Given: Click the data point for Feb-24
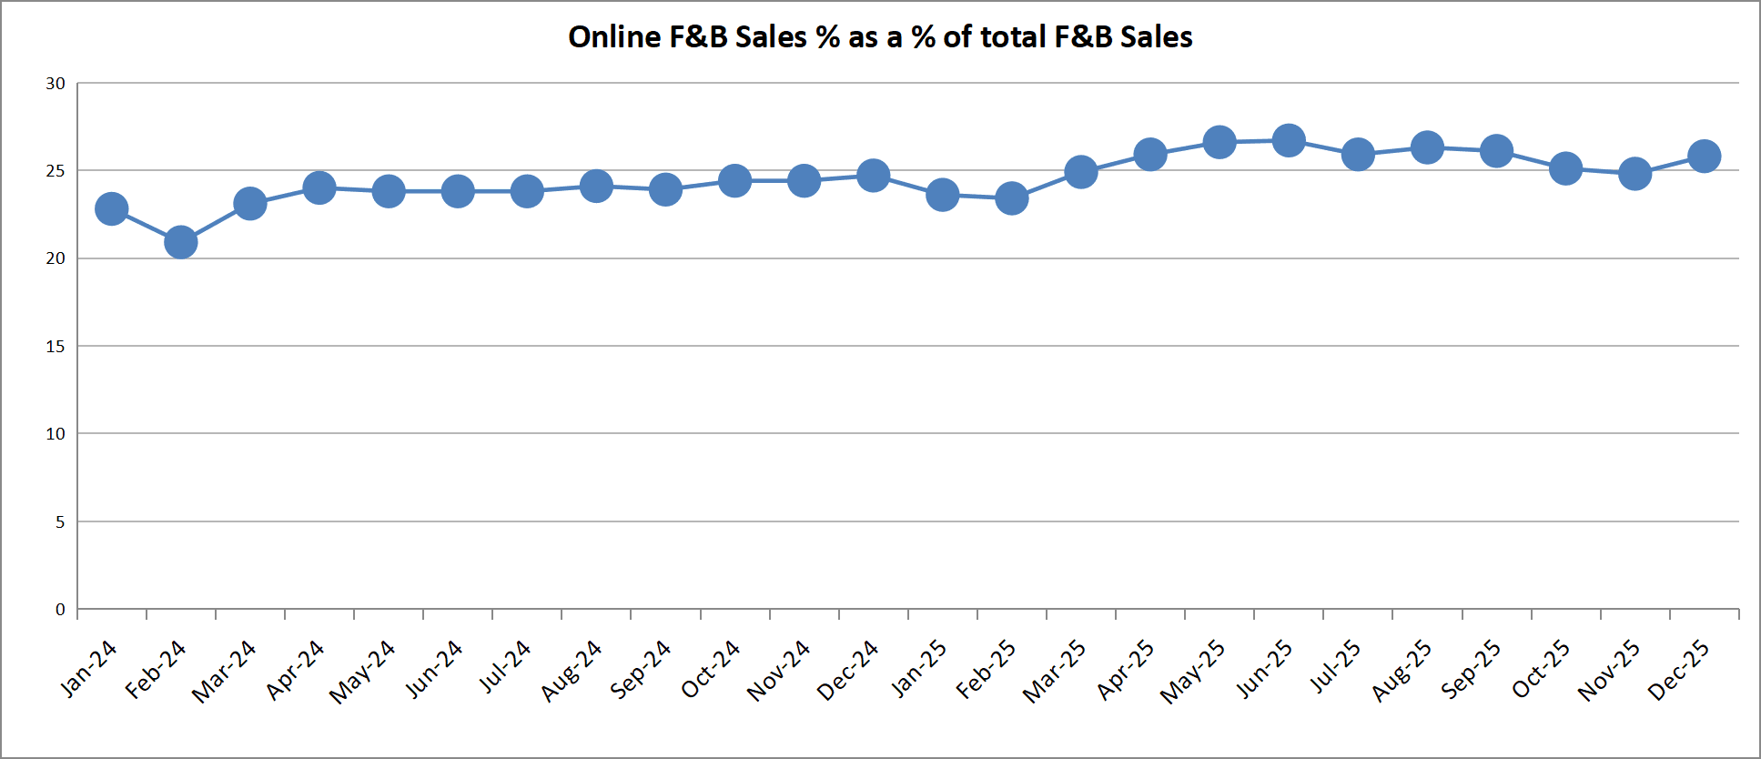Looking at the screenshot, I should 180,242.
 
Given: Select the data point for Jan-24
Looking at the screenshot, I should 111,209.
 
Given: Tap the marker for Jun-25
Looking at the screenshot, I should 1289,140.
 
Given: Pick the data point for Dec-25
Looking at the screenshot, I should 1704,157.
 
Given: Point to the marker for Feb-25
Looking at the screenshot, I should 1011,198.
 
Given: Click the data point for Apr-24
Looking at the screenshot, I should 319,188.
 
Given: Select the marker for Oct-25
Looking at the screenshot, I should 1565,168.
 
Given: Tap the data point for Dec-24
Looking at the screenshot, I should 873,176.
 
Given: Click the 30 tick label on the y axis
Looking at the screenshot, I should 56,84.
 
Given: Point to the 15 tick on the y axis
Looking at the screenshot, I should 56,347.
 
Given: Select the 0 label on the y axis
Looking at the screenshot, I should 60,610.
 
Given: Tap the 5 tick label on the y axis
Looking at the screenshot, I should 60,522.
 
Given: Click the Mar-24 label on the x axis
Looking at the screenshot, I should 224,672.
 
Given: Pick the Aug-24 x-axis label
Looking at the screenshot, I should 572,672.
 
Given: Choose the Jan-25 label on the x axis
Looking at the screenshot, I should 918,669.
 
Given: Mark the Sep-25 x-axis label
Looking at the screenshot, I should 1471,670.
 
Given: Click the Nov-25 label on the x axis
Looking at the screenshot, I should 1609,672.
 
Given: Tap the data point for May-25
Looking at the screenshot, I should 1220,142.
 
